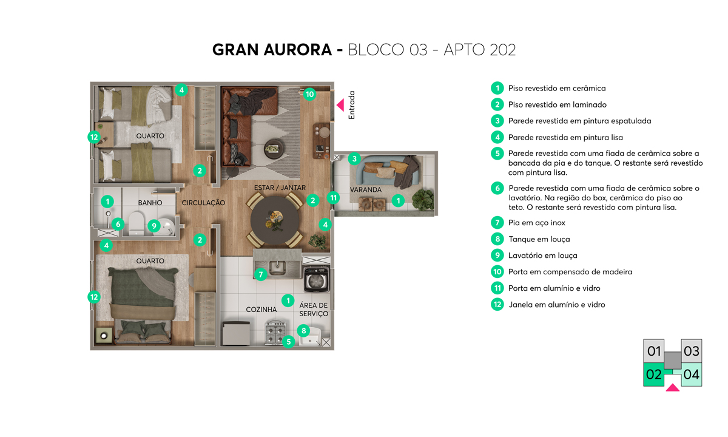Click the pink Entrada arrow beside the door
[340, 105]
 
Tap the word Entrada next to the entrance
[351, 105]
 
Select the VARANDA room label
[366, 190]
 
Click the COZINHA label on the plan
[261, 310]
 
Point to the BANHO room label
[150, 203]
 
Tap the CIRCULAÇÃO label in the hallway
[203, 203]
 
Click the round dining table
[275, 220]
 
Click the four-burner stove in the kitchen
[275, 333]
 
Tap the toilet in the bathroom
[136, 223]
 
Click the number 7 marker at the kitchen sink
[261, 275]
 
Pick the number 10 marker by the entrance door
[310, 94]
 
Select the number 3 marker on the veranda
[354, 158]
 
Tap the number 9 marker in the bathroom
[154, 226]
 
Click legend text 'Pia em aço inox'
[536, 223]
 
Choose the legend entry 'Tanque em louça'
[539, 239]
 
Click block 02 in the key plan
[653, 374]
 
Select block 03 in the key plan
[691, 351]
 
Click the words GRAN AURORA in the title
[272, 50]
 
